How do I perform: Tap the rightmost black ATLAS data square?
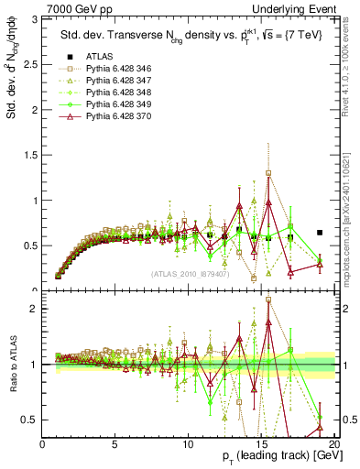pos(320,233)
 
